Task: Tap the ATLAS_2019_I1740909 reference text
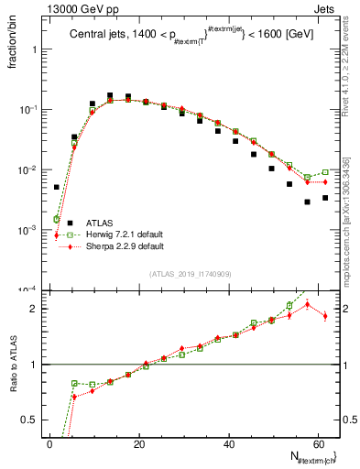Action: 190,275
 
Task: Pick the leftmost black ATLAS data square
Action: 57,187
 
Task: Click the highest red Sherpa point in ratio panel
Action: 308,304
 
